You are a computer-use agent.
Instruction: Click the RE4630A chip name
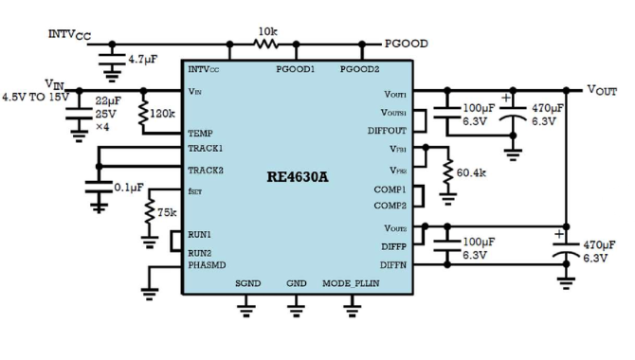pyautogui.click(x=298, y=177)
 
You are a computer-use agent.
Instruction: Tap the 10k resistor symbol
pyautogui.click(x=266, y=44)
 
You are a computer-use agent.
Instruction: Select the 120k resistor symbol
pyautogui.click(x=143, y=114)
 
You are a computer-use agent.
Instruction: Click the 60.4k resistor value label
pyautogui.click(x=471, y=173)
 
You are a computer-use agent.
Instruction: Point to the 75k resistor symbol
pyautogui.click(x=150, y=210)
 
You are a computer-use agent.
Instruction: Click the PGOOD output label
pyautogui.click(x=407, y=44)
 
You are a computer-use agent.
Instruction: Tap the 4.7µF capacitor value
pyautogui.click(x=143, y=60)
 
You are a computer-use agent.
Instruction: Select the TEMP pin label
pyautogui.click(x=201, y=134)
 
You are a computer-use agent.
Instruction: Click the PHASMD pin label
pyautogui.click(x=207, y=265)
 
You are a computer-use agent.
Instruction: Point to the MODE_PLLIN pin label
pyautogui.click(x=351, y=283)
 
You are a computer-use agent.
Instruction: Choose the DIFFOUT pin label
pyautogui.click(x=387, y=131)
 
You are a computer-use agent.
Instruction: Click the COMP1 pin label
pyautogui.click(x=390, y=189)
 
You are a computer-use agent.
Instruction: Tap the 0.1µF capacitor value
pyautogui.click(x=129, y=188)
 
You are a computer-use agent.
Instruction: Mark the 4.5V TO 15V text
pyautogui.click(x=36, y=98)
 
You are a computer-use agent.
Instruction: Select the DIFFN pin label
pyautogui.click(x=393, y=265)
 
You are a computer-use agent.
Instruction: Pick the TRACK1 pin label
pyautogui.click(x=206, y=149)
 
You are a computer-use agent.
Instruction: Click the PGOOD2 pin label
pyautogui.click(x=359, y=69)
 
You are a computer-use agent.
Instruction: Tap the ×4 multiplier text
pyautogui.click(x=102, y=127)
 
